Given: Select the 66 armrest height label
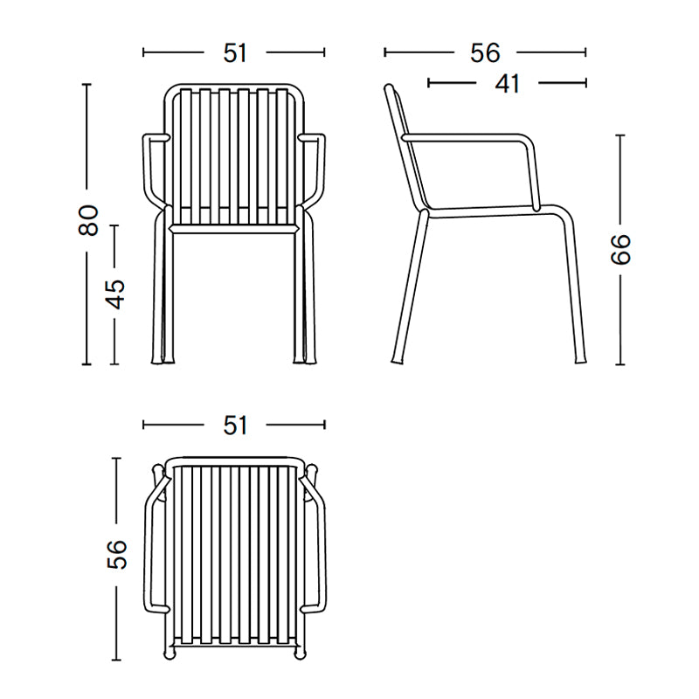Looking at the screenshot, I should click(x=619, y=250).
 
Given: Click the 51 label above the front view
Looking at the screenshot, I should click(x=235, y=53).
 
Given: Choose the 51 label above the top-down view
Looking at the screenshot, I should click(x=235, y=426).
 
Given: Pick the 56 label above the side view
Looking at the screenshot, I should click(x=485, y=53).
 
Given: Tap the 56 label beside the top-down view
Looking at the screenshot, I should click(x=116, y=554).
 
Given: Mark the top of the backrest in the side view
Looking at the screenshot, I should click(x=391, y=88).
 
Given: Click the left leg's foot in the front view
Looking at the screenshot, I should click(x=165, y=359).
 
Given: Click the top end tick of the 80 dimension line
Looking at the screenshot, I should click(x=86, y=84).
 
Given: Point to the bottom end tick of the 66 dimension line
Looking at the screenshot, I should click(x=619, y=364).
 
